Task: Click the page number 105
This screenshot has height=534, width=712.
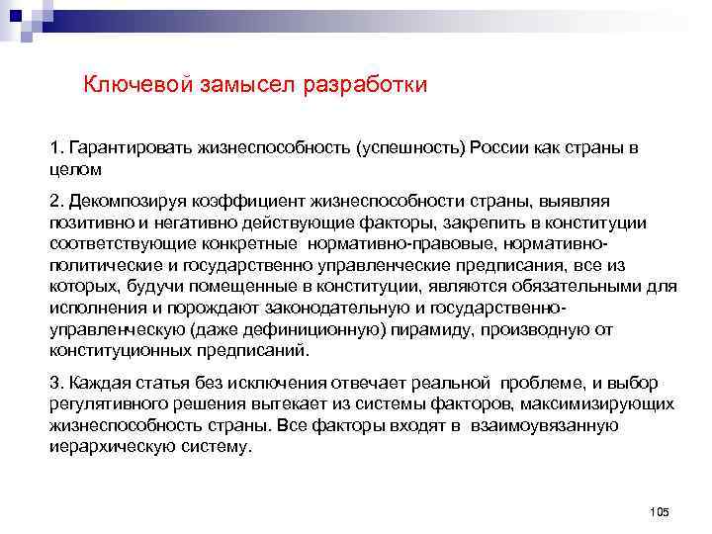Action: click(x=660, y=510)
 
